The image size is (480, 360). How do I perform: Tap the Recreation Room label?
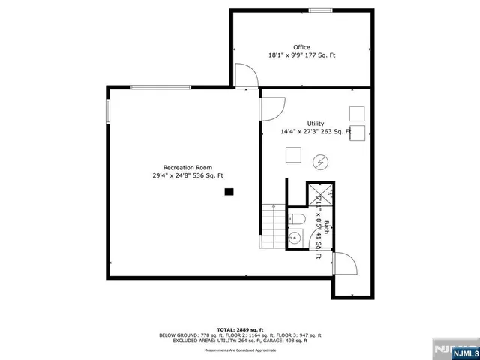point(187,167)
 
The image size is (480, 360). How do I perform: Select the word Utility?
point(316,124)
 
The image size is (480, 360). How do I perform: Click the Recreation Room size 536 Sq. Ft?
point(206,175)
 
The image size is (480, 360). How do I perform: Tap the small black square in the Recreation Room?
point(229,192)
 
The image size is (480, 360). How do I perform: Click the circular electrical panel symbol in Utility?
point(320,160)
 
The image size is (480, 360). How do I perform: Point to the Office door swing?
point(245,75)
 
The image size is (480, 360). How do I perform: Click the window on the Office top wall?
point(321,10)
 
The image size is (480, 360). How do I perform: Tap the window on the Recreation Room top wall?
point(154,88)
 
